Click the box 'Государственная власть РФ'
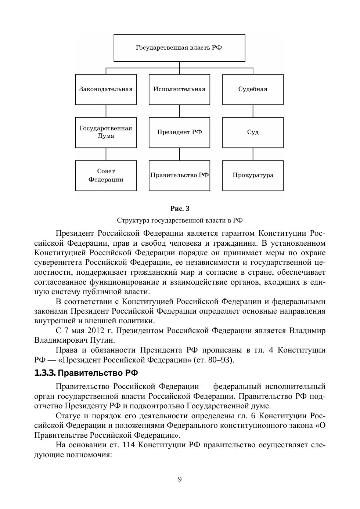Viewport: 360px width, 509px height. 179,48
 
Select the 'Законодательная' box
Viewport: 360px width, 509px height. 106,89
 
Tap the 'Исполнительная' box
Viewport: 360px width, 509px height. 179,89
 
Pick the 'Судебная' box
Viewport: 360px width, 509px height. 253,89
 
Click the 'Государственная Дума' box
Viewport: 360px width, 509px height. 106,132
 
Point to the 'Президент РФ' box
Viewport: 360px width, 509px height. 179,132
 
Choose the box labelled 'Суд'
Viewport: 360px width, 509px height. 253,132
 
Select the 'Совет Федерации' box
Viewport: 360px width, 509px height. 106,176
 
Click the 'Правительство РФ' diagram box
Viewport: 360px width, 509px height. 179,176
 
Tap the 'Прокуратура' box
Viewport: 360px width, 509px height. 253,176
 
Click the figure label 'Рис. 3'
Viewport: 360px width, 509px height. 180,209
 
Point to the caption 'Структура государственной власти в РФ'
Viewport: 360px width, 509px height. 180,220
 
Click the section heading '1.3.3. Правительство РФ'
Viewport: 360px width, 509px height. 86,373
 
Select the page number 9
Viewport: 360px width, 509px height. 180,479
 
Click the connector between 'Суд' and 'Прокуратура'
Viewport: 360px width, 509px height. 253,154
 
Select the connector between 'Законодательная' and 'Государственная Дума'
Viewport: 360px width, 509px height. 106,111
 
